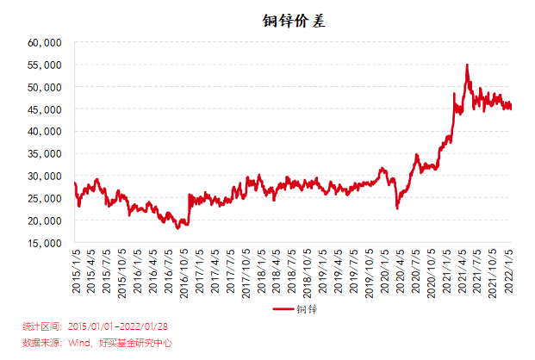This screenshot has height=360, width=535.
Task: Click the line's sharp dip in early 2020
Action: [397, 208]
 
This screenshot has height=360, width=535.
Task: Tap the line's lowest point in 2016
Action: [177, 228]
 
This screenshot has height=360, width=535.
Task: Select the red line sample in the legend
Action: [283, 308]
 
